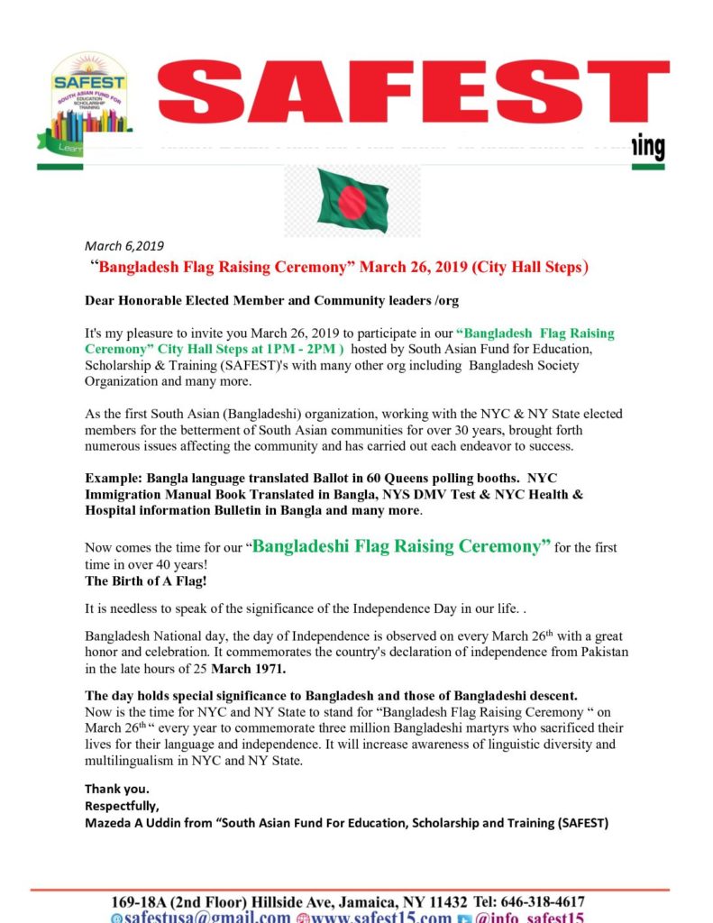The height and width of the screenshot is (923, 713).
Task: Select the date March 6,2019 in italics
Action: pyautogui.click(x=124, y=245)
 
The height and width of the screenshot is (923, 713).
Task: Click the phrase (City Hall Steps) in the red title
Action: pyautogui.click(x=533, y=267)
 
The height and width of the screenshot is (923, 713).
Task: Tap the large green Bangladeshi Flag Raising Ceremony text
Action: pyautogui.click(x=402, y=546)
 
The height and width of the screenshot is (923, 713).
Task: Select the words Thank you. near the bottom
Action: pyautogui.click(x=117, y=789)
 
